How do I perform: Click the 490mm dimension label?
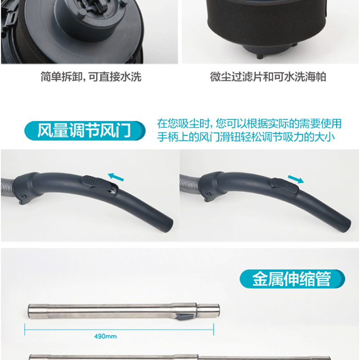[105, 337]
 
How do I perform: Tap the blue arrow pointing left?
[116, 177]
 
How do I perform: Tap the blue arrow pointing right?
[296, 179]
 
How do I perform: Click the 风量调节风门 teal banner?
[85, 130]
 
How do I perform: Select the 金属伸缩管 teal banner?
[292, 279]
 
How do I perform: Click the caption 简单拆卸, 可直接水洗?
[91, 76]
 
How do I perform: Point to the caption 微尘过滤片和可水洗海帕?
[268, 76]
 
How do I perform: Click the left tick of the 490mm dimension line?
[25, 330]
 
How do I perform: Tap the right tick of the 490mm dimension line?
[213, 330]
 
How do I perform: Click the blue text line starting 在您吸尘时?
[249, 123]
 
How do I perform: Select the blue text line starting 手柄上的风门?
[246, 137]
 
